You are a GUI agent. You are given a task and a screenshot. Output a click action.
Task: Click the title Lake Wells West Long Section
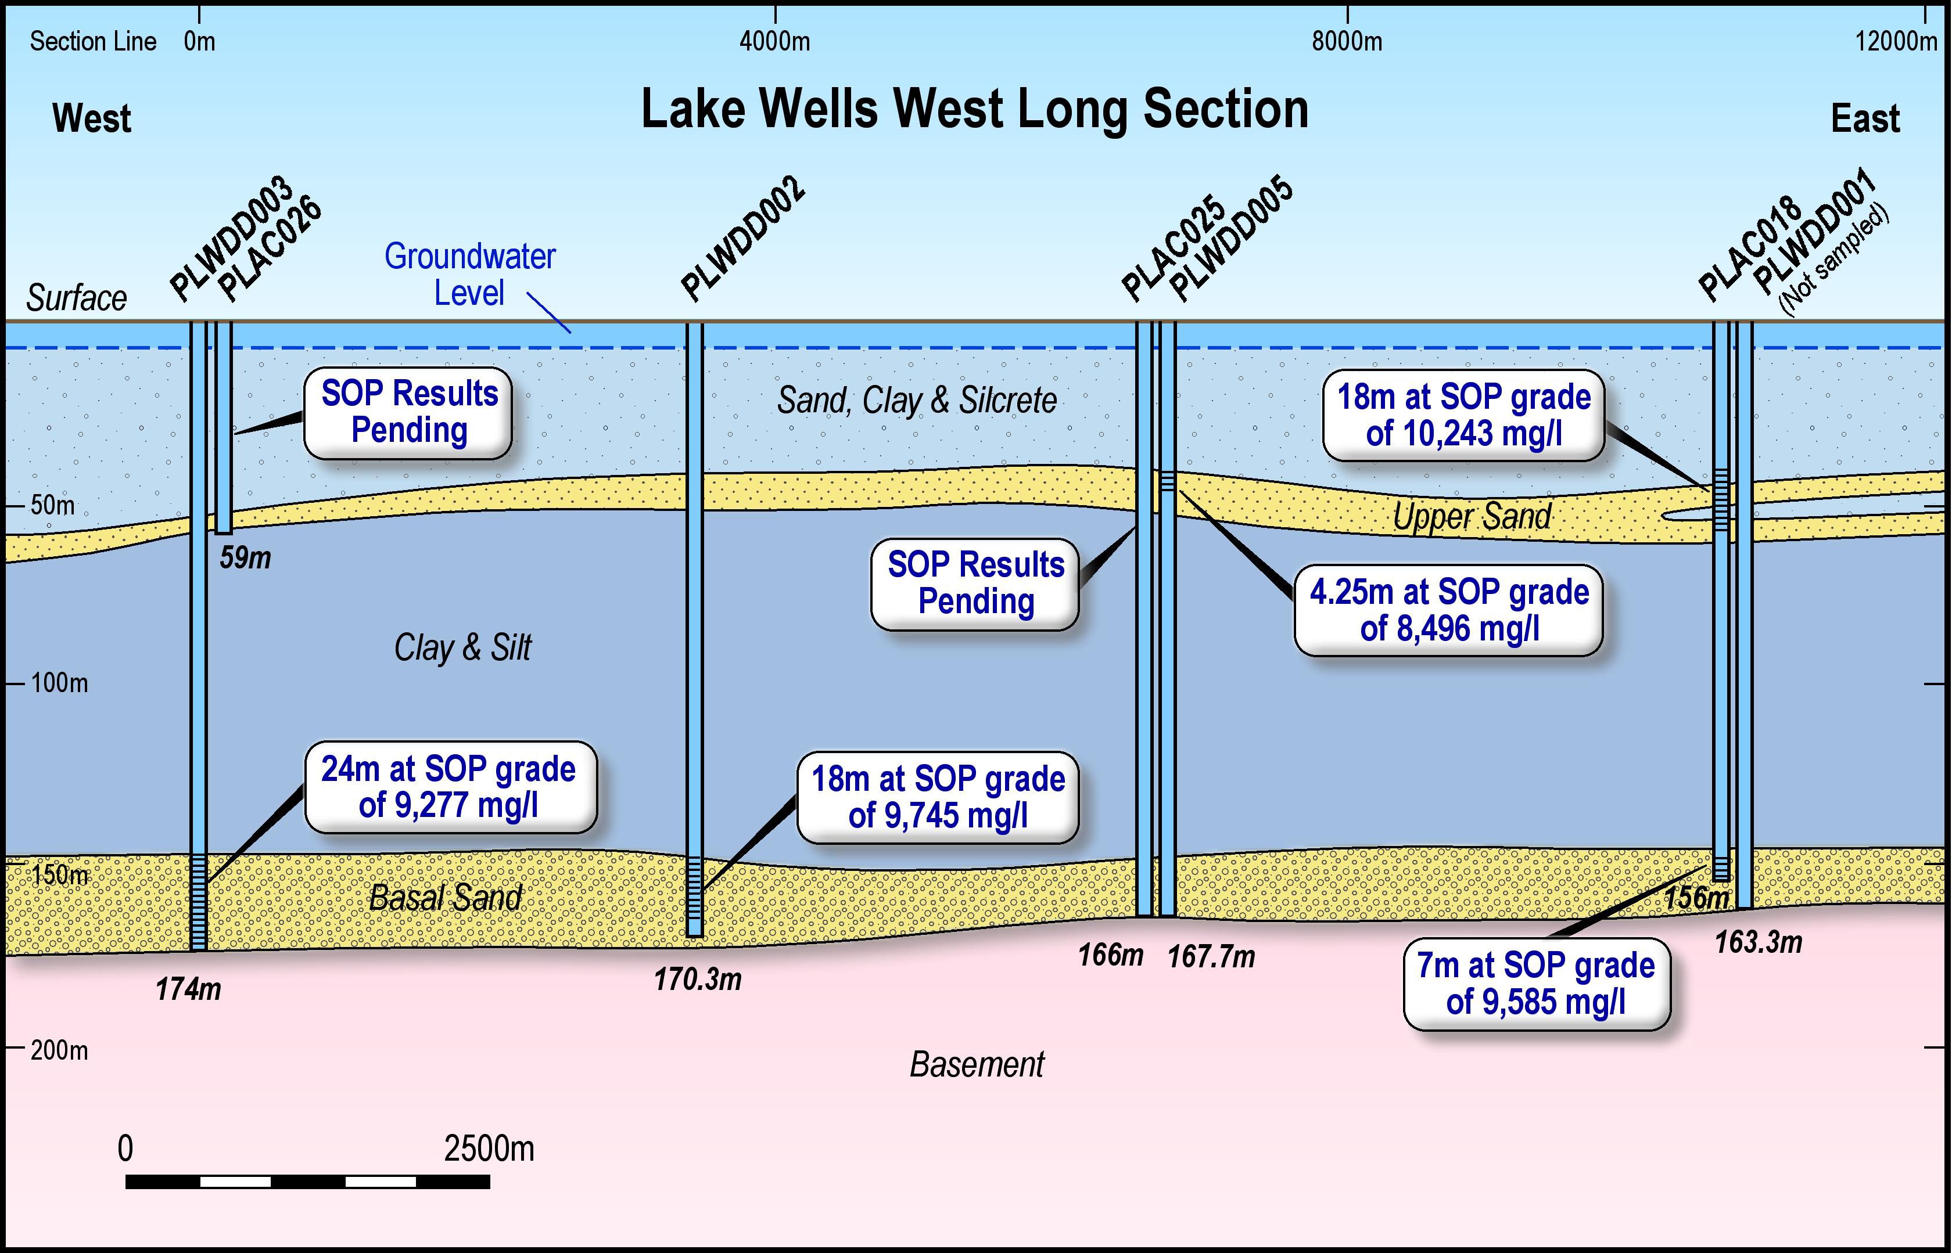[974, 109]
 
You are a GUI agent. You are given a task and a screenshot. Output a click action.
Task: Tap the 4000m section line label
[774, 41]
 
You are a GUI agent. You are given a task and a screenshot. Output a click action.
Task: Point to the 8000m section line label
[1347, 41]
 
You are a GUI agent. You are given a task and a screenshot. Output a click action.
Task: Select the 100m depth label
[59, 683]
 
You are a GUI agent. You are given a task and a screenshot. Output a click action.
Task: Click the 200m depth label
[59, 1050]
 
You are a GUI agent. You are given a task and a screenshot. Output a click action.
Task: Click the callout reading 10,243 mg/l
[1463, 416]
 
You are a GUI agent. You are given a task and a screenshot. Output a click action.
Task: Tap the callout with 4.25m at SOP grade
[1448, 610]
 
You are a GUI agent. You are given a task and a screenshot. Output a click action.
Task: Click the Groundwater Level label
[469, 274]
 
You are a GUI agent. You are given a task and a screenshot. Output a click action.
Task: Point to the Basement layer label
[976, 1064]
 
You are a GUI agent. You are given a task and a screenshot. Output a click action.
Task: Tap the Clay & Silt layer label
[462, 647]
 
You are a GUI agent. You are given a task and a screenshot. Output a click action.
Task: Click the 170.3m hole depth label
[698, 980]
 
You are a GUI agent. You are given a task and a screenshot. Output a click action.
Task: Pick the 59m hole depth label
[245, 558]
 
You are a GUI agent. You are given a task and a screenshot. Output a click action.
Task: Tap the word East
[1865, 119]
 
